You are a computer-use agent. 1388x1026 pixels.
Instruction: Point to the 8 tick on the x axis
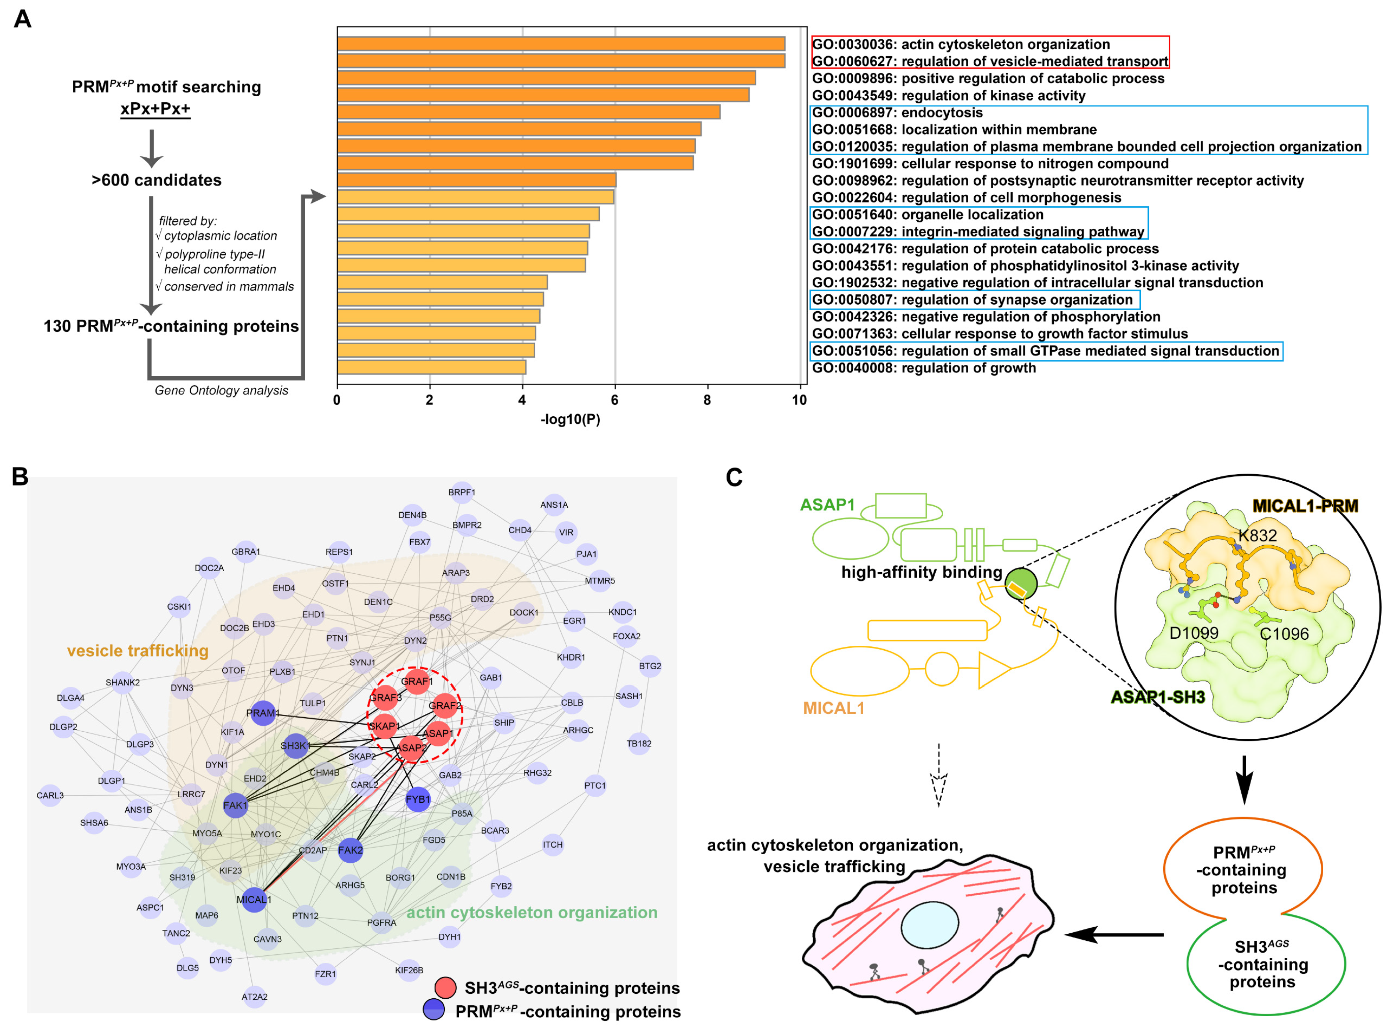707,400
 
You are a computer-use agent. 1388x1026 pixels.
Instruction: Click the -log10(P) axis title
570,419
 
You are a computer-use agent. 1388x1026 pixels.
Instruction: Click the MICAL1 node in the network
254,899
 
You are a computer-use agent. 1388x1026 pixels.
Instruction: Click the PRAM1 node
263,713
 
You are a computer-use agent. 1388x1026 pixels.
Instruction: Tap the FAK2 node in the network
350,850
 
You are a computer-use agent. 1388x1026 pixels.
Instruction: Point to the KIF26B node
409,970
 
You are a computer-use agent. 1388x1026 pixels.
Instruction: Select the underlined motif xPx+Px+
155,109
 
